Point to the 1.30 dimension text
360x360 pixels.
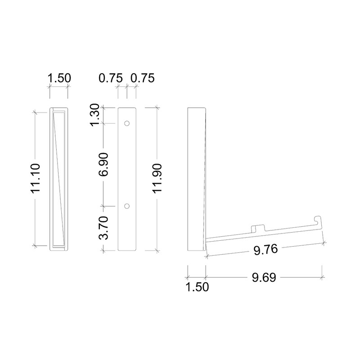96,115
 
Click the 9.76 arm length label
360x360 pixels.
265,250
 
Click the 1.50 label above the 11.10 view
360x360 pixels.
59,78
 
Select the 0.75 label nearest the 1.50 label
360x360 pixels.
110,78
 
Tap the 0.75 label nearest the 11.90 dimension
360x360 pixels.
142,78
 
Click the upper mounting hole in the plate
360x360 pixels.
127,123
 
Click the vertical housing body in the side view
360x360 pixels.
196,180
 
